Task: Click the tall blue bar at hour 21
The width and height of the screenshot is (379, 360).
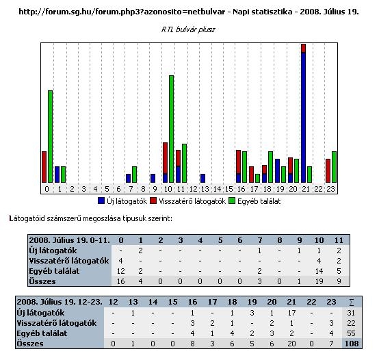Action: (303, 118)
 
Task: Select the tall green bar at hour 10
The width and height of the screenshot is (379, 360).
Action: (172, 129)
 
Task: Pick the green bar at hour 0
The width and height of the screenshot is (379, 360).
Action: (50, 137)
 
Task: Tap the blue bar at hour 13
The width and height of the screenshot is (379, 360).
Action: (202, 178)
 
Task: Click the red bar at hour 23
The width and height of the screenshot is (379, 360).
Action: (328, 170)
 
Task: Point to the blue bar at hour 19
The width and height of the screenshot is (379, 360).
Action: (278, 170)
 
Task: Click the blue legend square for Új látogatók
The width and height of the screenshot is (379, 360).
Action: (101, 201)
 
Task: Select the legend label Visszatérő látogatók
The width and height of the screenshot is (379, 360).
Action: (192, 201)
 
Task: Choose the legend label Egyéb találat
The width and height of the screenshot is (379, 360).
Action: (259, 201)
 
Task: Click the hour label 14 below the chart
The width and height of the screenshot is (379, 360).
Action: (217, 189)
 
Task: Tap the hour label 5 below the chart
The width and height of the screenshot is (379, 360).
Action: (107, 189)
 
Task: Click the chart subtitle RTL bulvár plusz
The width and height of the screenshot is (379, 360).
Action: (188, 29)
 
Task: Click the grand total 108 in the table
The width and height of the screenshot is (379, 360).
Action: (352, 344)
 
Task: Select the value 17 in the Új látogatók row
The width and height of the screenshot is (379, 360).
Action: (291, 313)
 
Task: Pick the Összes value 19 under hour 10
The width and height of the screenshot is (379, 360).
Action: (319, 281)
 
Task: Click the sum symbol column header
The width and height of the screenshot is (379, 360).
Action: (352, 302)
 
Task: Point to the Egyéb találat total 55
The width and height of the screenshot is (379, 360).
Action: (351, 333)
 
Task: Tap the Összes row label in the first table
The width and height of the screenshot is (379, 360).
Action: (42, 281)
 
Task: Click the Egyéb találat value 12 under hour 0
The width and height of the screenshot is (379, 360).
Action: (120, 271)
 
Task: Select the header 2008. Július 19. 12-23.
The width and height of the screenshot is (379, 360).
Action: (60, 302)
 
